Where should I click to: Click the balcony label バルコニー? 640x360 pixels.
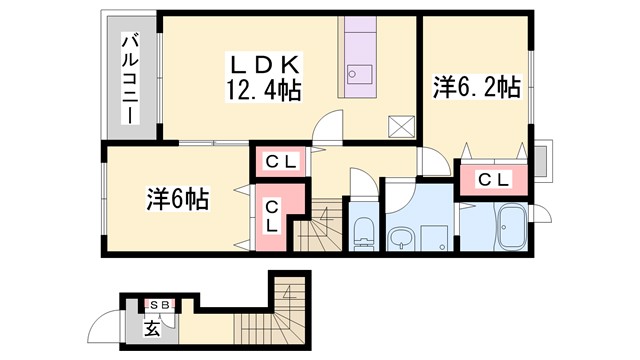129,78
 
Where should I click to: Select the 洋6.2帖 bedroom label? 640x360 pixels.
475,87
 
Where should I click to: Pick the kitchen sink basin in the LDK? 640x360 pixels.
357,72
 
